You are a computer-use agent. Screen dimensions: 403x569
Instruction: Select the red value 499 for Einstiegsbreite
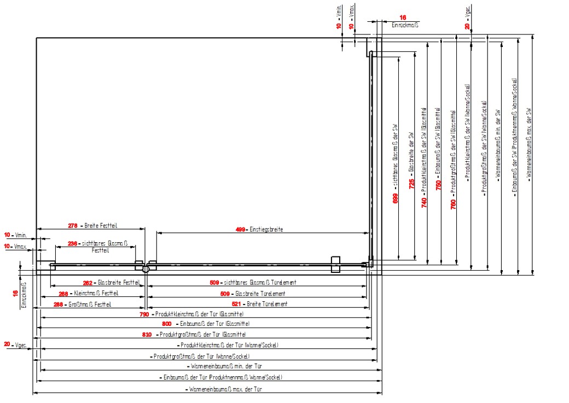pos(240,230)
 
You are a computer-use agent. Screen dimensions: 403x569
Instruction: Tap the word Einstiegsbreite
pos(266,230)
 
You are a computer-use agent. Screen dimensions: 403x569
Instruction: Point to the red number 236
pos(72,243)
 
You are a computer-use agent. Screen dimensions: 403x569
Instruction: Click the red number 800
pos(167,324)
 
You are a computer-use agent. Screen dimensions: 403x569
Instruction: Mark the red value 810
pos(147,334)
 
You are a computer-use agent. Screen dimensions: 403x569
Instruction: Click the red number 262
pos(88,283)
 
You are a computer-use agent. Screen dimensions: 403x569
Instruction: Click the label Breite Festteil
pos(102,225)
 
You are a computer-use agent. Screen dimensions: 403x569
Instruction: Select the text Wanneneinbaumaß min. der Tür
pos(225,366)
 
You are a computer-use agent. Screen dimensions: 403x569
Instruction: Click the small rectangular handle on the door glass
pos(335,264)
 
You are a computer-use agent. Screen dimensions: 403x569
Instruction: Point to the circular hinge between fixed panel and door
pos(146,269)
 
